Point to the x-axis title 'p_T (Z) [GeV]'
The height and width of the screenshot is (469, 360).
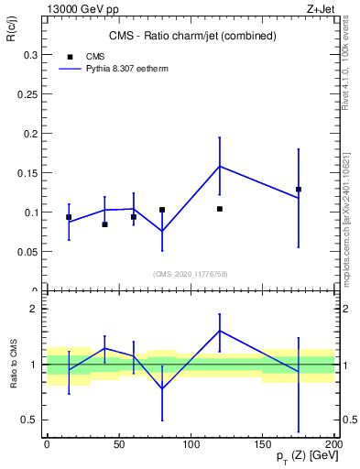297,455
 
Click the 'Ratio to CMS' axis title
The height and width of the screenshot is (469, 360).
14,364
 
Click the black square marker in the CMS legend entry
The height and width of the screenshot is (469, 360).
70,56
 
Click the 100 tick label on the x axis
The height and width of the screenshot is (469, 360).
191,443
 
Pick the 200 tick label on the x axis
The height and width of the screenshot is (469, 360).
333,443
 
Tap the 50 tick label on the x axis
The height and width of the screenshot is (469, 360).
118,443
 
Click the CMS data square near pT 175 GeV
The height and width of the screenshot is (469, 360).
299,189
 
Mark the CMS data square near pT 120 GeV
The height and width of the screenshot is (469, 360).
220,209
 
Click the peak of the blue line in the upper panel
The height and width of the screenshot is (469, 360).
220,166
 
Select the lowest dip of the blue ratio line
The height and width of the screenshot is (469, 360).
162,388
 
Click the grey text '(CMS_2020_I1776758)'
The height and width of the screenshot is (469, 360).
191,274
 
